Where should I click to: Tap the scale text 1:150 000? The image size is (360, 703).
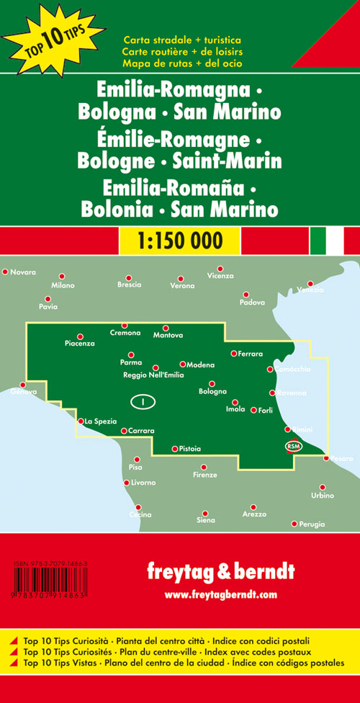coord(179,239)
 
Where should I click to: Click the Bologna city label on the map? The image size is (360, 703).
coord(212,392)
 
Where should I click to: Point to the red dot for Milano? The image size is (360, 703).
coord(62,276)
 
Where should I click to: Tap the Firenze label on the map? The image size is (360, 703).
coord(205,475)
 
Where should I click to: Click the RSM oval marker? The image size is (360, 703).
coord(294,446)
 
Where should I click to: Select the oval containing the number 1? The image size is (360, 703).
coord(143,400)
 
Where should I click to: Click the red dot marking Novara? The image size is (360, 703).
coord(5,272)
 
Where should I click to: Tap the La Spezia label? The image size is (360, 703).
coord(99,421)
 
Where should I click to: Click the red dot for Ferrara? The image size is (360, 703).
coord(234,353)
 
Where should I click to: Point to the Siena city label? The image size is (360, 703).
coord(206,519)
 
